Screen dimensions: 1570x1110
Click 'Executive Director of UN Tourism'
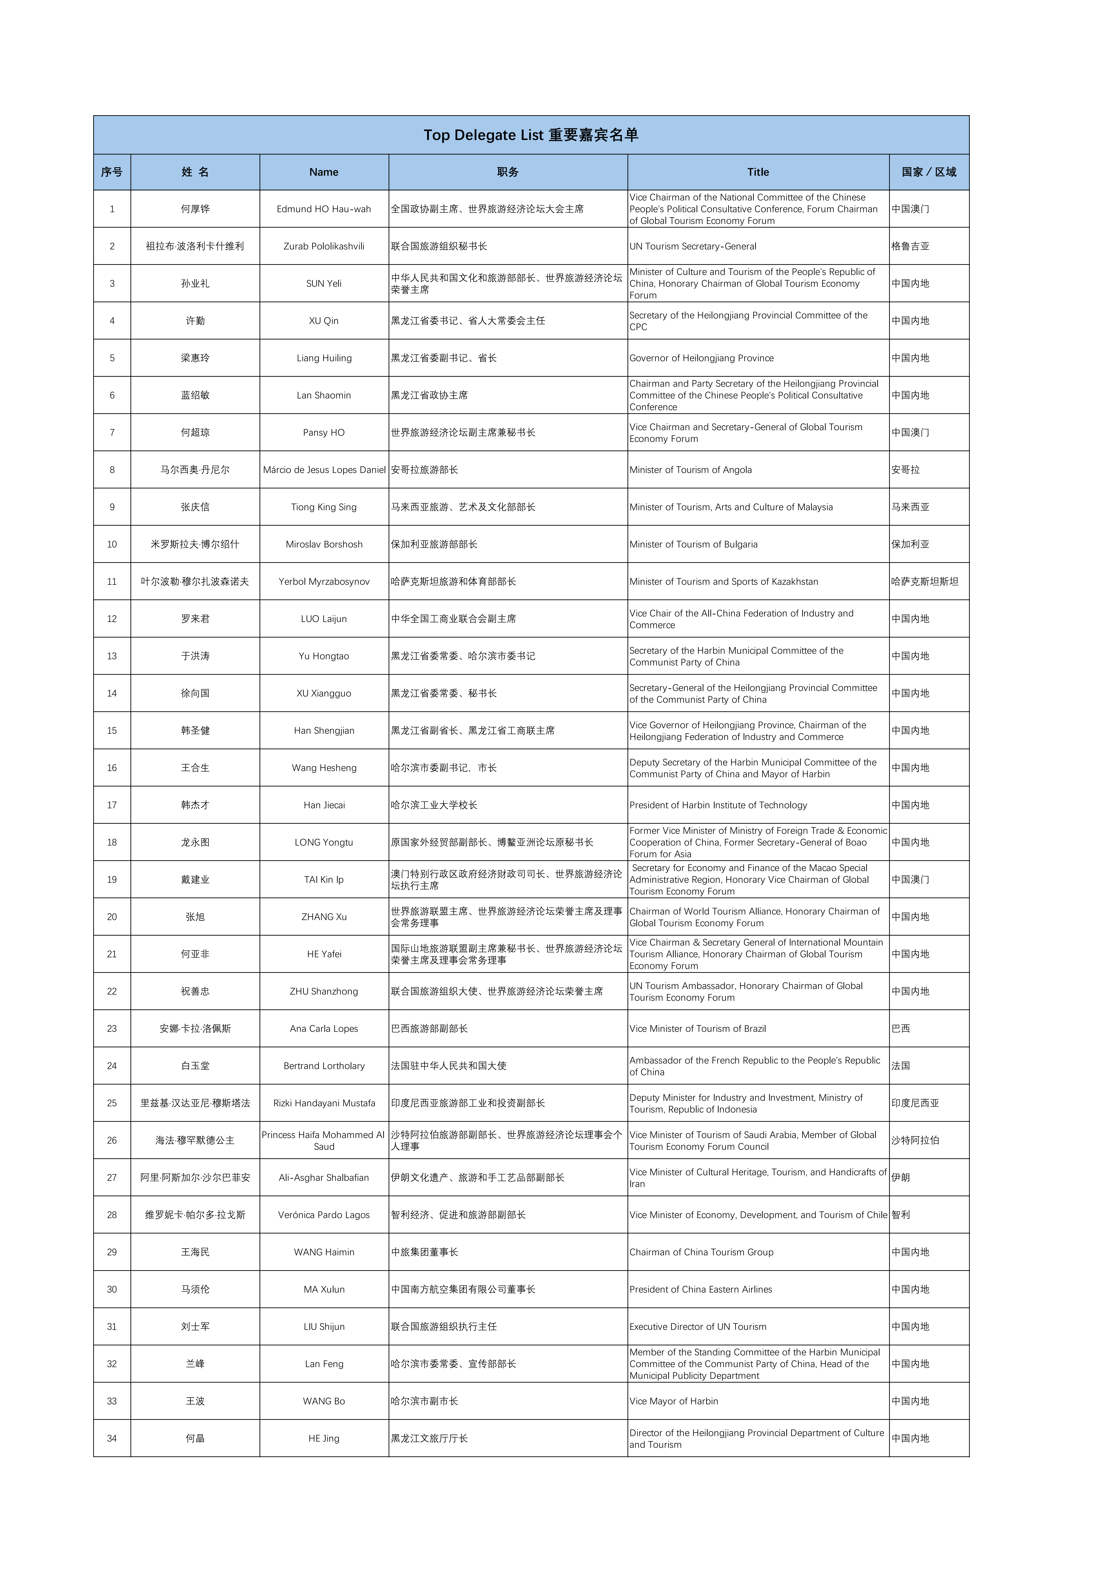[698, 1326]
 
